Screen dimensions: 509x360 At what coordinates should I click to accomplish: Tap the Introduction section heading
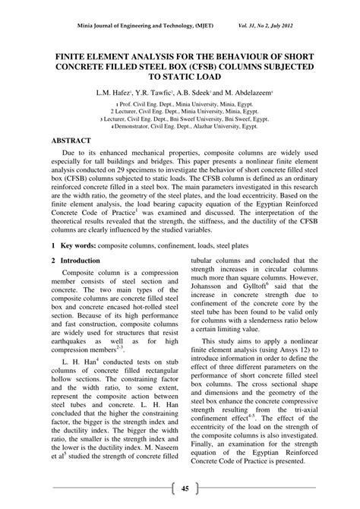point(81,261)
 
